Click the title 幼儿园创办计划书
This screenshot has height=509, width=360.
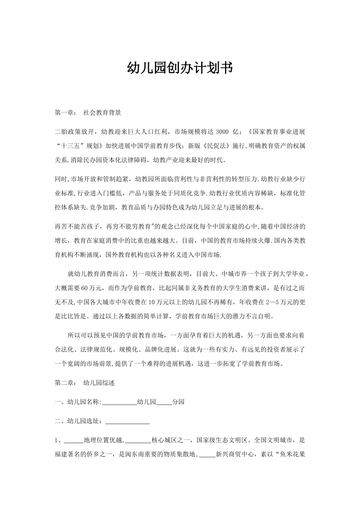point(180,68)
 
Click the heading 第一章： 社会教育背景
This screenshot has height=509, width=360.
point(88,112)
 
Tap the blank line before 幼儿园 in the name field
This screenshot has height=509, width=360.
point(119,403)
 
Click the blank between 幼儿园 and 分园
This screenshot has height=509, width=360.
point(164,403)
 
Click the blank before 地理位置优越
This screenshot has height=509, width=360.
point(74,441)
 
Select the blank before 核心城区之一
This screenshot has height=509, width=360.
point(138,441)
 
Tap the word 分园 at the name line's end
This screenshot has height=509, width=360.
point(178,402)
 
